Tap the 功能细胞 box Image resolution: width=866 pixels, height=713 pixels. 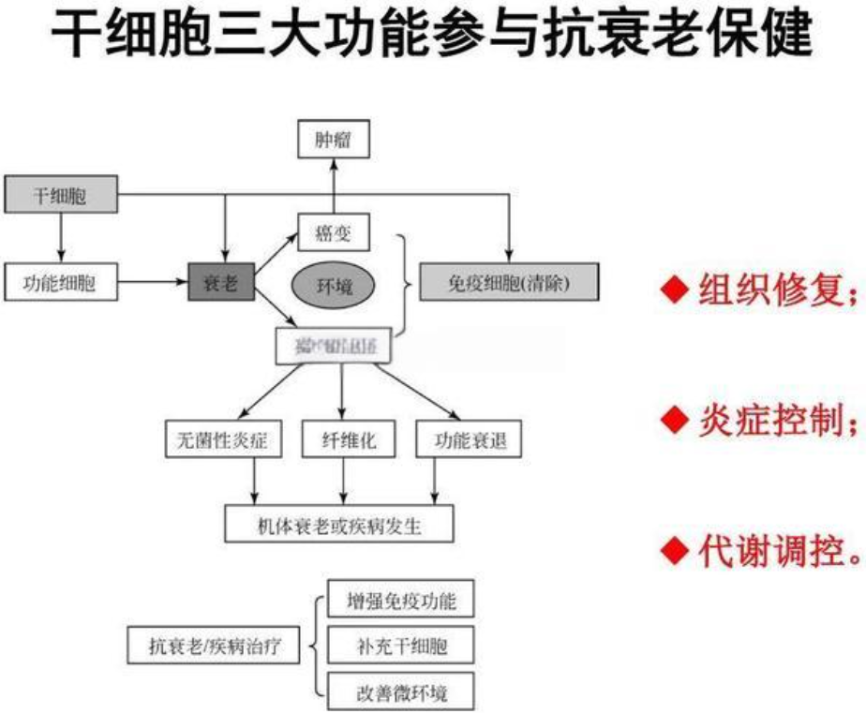click(62, 281)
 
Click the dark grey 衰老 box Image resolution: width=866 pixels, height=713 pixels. click(220, 281)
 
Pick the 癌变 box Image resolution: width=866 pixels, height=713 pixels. click(334, 232)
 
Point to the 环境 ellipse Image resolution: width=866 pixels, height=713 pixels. click(333, 285)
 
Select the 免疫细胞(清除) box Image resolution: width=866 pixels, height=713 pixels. click(507, 281)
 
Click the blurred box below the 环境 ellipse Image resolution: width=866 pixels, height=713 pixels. click(333, 346)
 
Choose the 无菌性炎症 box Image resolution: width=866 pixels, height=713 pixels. click(223, 438)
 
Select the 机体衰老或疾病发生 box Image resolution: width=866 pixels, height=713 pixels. click(339, 524)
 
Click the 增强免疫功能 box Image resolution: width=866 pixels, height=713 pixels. click(401, 601)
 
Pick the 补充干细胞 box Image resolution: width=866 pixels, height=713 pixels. click(401, 646)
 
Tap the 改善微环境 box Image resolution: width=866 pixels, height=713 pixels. click(401, 692)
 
